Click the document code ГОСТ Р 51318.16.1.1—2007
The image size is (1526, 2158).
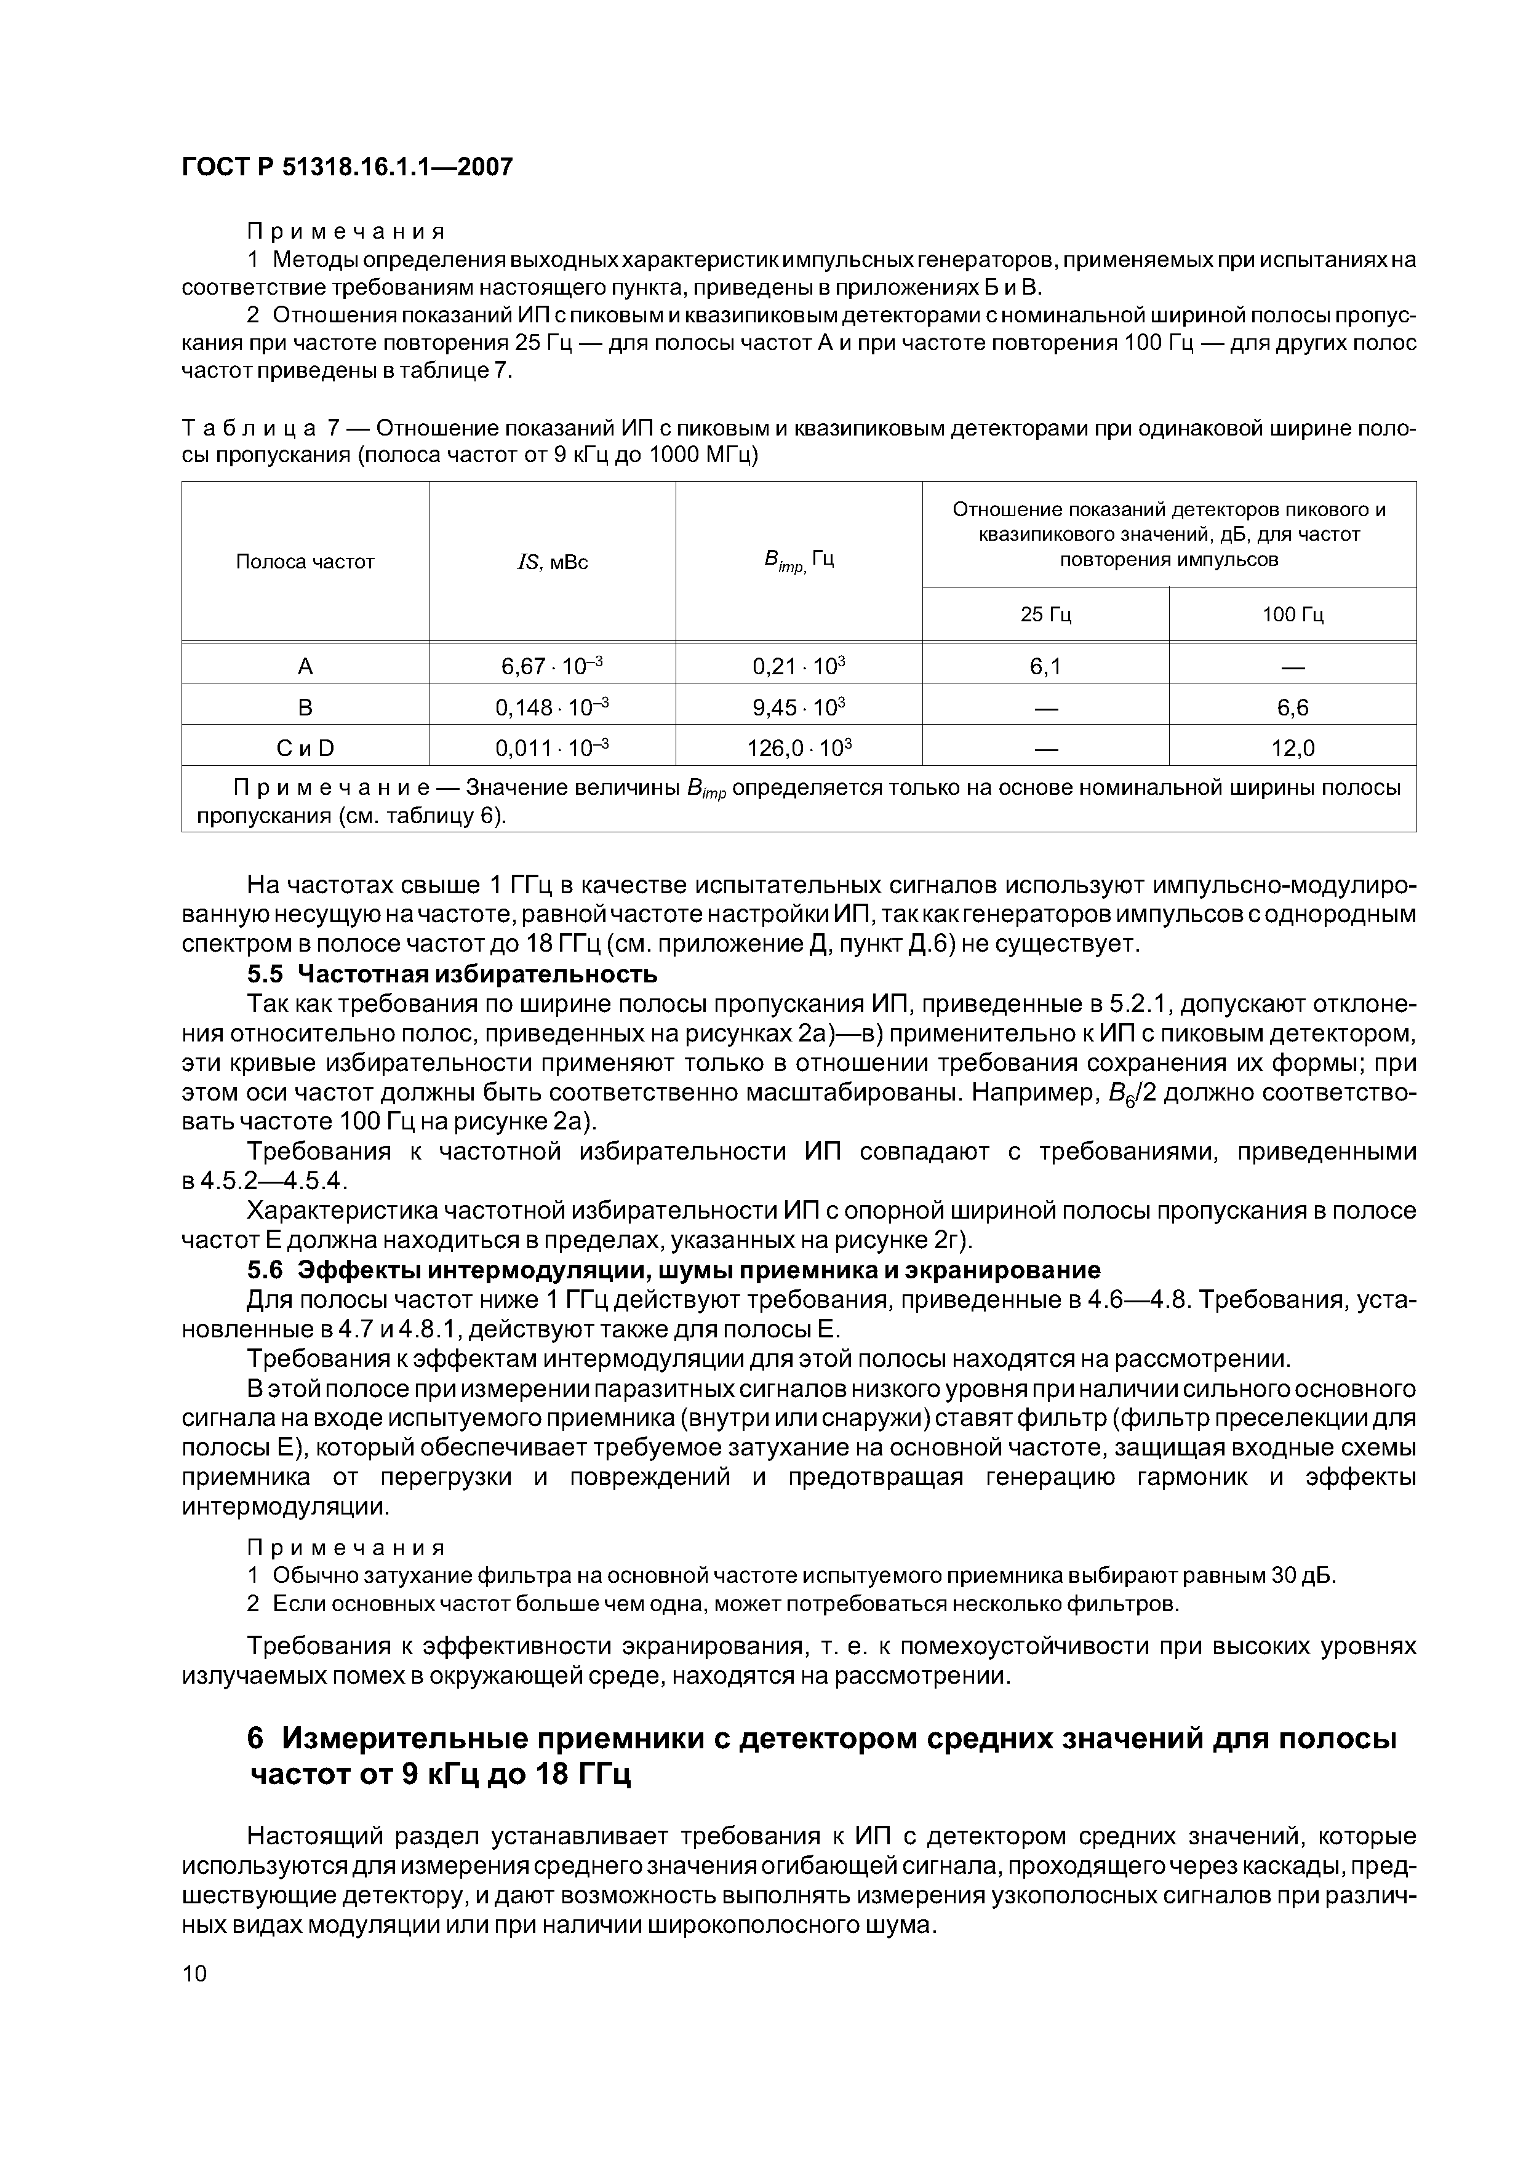347,167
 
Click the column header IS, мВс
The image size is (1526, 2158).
552,562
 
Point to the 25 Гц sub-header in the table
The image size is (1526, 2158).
1045,615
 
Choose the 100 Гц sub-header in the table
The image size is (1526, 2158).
1292,615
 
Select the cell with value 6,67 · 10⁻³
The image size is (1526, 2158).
552,666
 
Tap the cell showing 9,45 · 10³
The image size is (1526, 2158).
798,707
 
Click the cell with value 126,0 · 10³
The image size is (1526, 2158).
798,748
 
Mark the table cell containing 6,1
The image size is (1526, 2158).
1045,666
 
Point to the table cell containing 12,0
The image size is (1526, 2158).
1292,748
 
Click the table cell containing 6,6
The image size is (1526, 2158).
1292,707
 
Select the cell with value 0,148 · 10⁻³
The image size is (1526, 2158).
552,707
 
